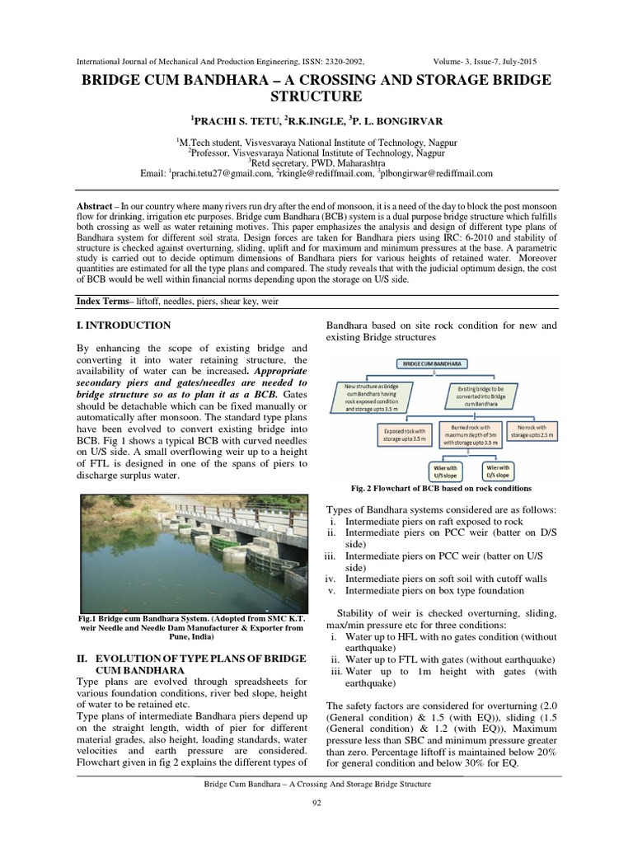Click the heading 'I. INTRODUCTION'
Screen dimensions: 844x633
click(124, 326)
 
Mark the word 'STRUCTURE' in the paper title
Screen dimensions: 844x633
click(316, 96)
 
